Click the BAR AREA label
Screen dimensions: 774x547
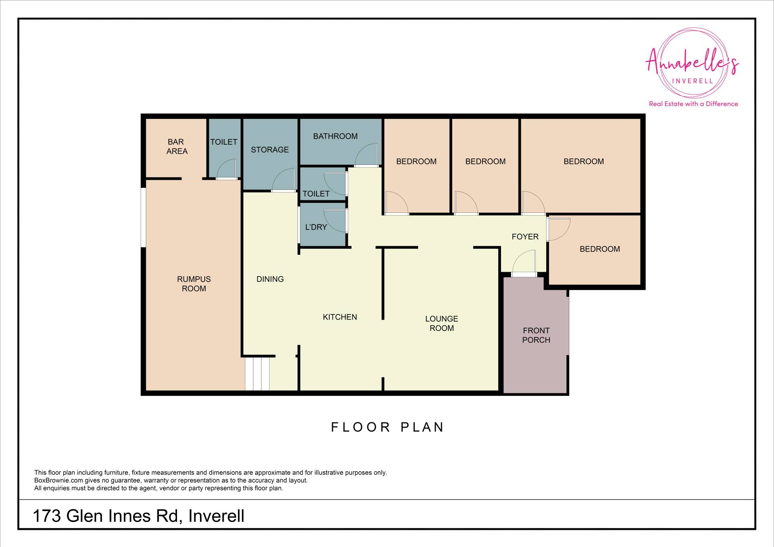click(x=177, y=146)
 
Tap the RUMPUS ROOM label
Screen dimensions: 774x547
click(x=194, y=284)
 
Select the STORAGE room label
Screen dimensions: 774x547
click(x=270, y=150)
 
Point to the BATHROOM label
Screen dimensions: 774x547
click(x=335, y=136)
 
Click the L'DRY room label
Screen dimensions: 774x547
click(x=316, y=227)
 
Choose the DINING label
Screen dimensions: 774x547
click(x=270, y=279)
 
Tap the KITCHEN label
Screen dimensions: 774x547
click(x=340, y=317)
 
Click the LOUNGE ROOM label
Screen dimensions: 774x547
click(x=441, y=323)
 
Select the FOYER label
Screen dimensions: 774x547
click(x=525, y=237)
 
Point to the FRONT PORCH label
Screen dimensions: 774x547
click(x=536, y=335)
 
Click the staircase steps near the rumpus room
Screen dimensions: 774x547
click(x=257, y=374)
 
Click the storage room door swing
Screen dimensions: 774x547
click(x=284, y=180)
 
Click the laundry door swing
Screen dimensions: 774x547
click(x=335, y=221)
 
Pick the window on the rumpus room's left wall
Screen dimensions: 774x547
click(x=143, y=217)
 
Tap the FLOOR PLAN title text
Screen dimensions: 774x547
click(x=387, y=427)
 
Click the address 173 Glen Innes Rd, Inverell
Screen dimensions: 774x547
click(x=138, y=516)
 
